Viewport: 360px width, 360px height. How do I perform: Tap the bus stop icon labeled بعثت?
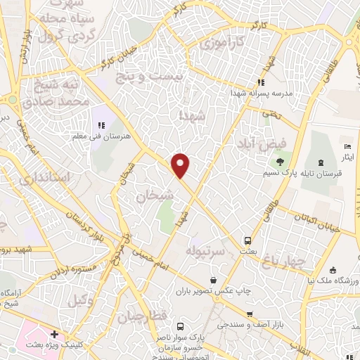tap(247, 239)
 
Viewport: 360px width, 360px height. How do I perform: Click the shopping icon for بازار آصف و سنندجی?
tap(250, 314)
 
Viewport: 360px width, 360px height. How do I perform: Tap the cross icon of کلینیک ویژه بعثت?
tap(54, 335)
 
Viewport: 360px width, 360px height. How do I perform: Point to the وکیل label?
tap(82, 301)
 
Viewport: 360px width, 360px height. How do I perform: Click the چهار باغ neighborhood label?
tap(286, 262)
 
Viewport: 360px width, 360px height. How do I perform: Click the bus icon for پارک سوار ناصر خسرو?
tap(181, 326)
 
